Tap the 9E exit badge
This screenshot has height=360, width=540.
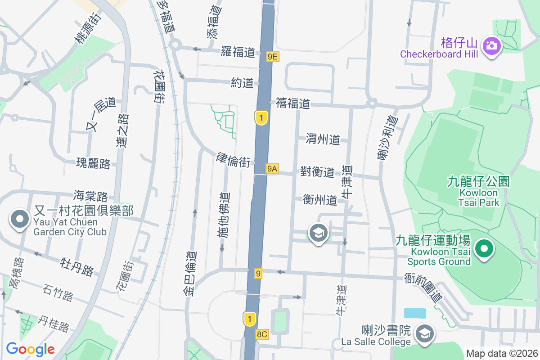[x=273, y=56]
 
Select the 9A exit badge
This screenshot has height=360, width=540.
[x=272, y=169]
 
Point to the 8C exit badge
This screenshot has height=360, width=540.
[x=262, y=334]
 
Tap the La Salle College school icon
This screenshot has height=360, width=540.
[x=424, y=333]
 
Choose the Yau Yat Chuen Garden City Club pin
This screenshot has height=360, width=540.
[x=19, y=220]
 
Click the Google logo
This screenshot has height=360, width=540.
[x=31, y=349]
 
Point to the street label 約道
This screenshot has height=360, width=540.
[x=242, y=83]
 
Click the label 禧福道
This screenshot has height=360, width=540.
[x=293, y=104]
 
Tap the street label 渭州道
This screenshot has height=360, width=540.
[x=323, y=139]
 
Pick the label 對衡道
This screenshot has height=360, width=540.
[x=317, y=172]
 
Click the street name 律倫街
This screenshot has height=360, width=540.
[x=233, y=160]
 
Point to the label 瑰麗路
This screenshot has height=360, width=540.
[x=93, y=163]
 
